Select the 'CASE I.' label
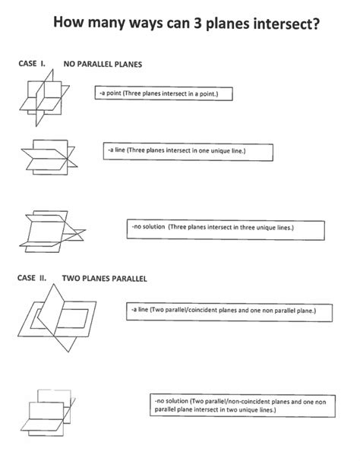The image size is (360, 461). pyautogui.click(x=33, y=64)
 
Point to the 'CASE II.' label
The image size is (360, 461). pyautogui.click(x=33, y=278)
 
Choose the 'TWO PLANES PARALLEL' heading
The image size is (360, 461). pyautogui.click(x=109, y=279)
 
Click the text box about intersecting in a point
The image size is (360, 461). pyautogui.click(x=163, y=94)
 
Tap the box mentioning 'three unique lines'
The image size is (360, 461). pyautogui.click(x=226, y=227)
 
